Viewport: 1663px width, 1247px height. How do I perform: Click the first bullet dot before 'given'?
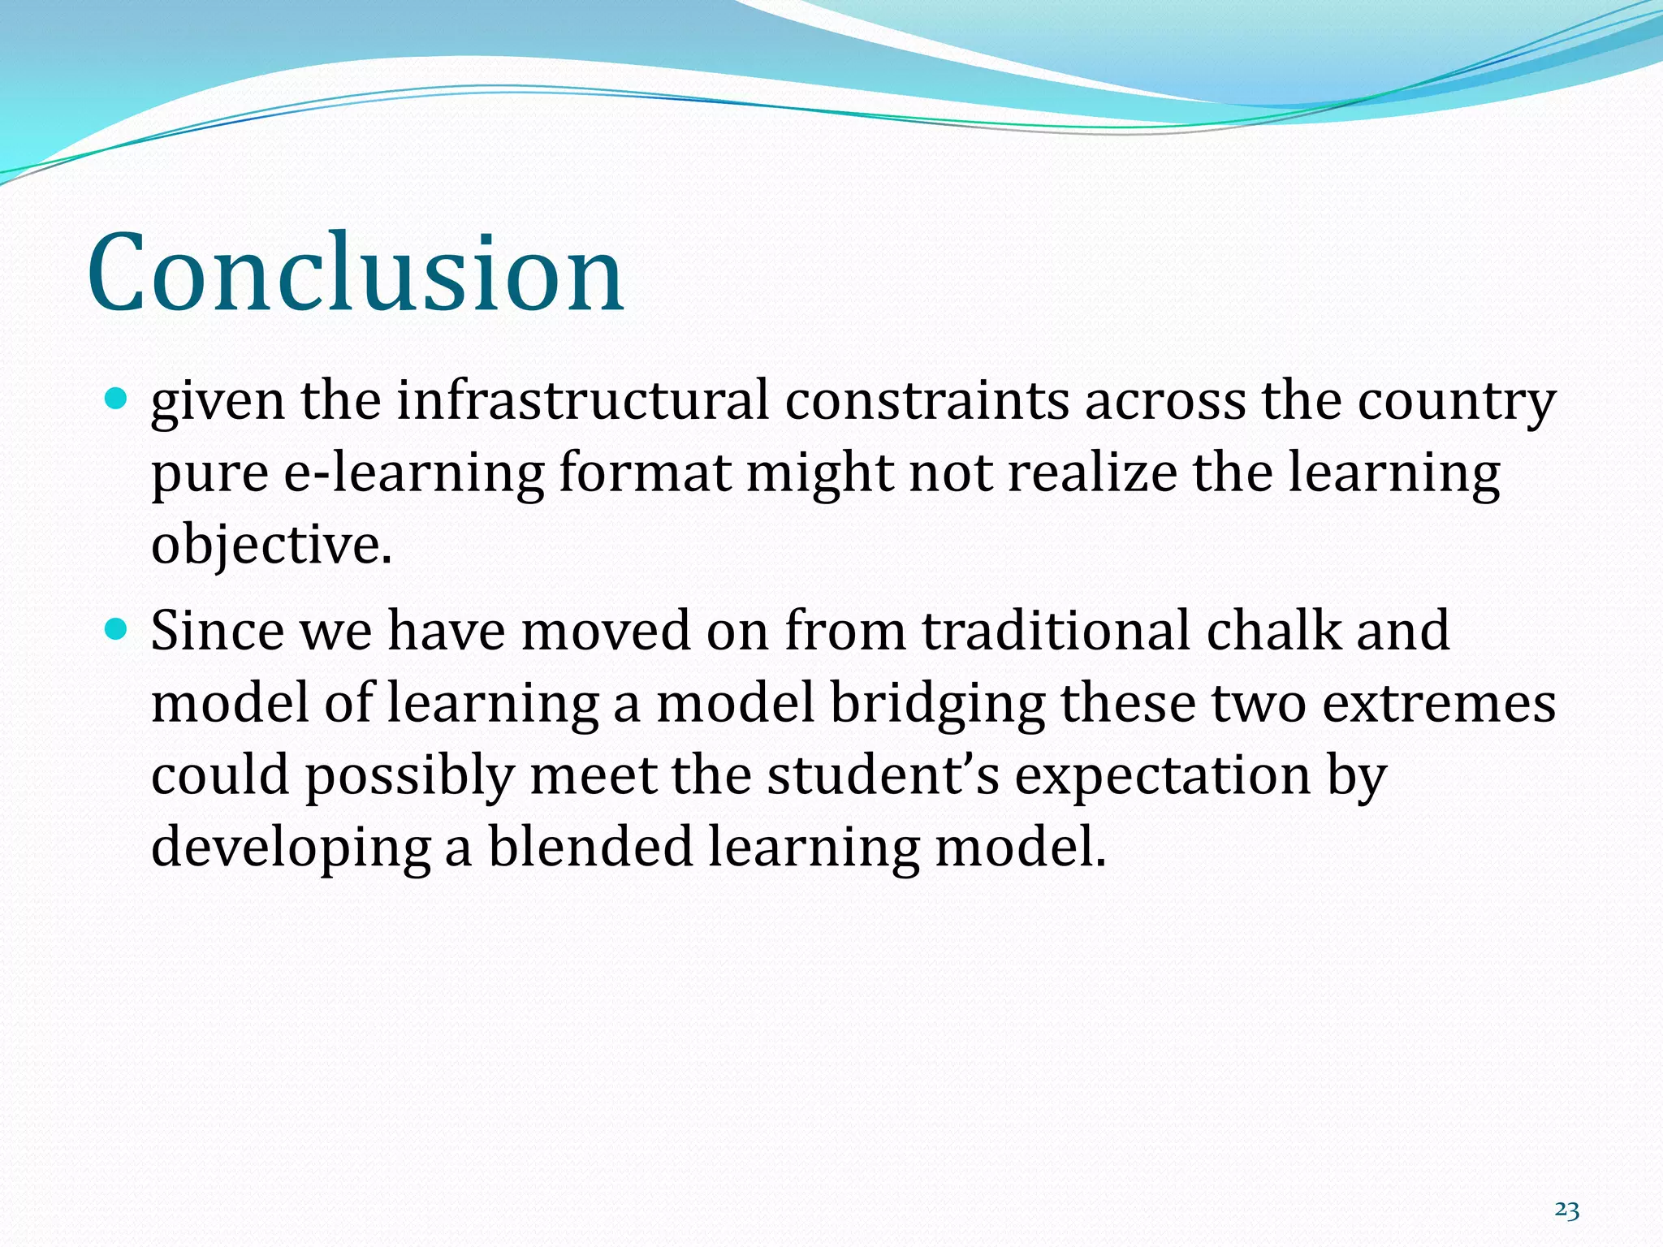pyautogui.click(x=118, y=398)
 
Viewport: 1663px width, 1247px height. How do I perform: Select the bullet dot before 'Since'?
pyautogui.click(x=118, y=628)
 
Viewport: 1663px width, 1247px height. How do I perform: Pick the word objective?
pyautogui.click(x=271, y=546)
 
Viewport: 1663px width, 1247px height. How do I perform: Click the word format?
pyautogui.click(x=644, y=472)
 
